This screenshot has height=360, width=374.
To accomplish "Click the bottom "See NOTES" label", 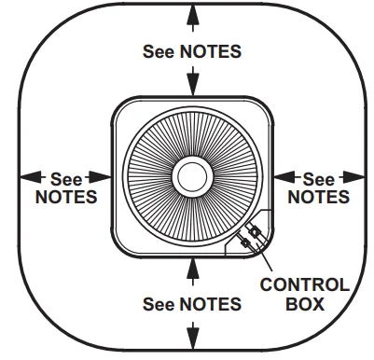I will coord(192,304).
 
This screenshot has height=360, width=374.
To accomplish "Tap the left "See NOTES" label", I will coord(65,187).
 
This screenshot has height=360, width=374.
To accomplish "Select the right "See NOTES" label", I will coord(318,187).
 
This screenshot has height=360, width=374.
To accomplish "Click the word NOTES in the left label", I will coord(65,197).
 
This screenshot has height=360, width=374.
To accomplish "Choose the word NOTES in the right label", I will coord(318,197).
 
